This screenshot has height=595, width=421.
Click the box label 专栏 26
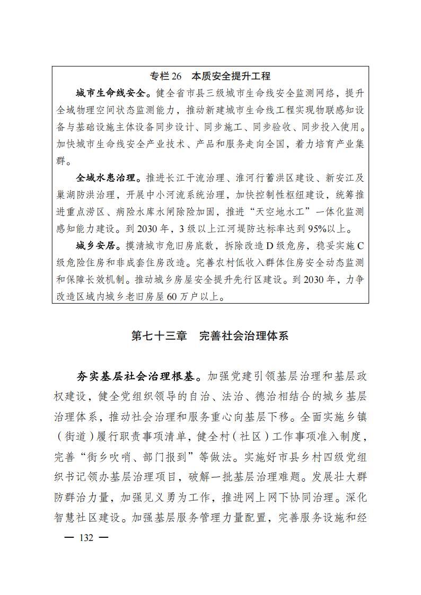coord(165,76)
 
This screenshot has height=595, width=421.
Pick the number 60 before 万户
coord(173,297)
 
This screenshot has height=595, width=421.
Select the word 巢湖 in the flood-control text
coord(65,196)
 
